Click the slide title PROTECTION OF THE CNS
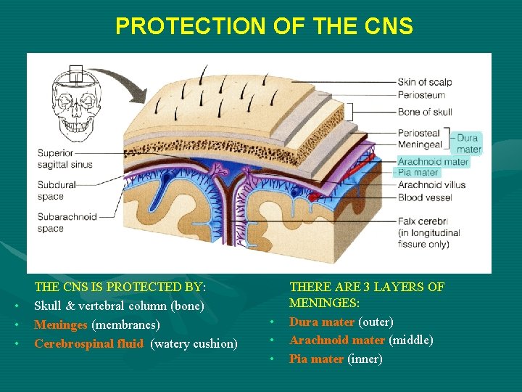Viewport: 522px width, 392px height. point(264,27)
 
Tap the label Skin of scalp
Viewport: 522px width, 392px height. point(425,81)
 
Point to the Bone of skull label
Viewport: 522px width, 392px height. point(425,112)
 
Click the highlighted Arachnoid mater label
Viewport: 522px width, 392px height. point(433,162)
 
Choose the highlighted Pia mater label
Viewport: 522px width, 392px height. point(418,173)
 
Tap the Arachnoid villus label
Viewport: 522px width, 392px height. point(431,185)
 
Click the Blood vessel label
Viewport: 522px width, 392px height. point(424,197)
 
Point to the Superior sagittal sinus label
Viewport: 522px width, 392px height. point(65,159)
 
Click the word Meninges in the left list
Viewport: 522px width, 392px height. point(61,324)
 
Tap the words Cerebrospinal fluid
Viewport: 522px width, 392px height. point(88,343)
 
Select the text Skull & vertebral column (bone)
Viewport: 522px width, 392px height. point(120,306)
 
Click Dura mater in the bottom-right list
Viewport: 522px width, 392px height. point(322,322)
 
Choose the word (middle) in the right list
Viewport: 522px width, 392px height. point(411,340)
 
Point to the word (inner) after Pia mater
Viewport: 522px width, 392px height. point(365,359)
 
